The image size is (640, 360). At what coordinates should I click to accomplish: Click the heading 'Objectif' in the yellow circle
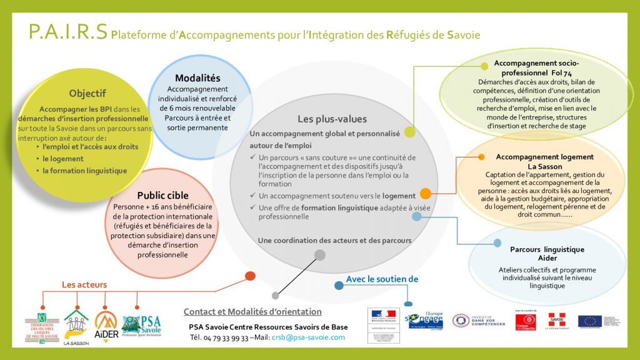[x=87, y=93]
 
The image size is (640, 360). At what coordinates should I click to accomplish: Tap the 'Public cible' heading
[x=162, y=195]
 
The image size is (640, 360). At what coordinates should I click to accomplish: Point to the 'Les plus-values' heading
[x=332, y=119]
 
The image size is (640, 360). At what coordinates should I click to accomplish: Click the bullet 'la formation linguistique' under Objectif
[x=84, y=170]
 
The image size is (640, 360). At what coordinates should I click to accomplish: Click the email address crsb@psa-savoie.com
[x=313, y=337]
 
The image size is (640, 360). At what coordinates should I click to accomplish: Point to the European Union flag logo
[x=589, y=322]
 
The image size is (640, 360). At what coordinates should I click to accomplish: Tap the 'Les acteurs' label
[x=84, y=285]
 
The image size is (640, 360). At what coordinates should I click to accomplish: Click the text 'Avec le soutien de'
[x=381, y=279]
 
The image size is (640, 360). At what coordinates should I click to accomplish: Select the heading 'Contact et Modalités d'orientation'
[x=252, y=311]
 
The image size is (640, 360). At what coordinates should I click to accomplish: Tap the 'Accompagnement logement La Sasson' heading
[x=544, y=162]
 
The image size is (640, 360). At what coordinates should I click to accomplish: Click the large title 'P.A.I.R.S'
[x=68, y=32]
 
